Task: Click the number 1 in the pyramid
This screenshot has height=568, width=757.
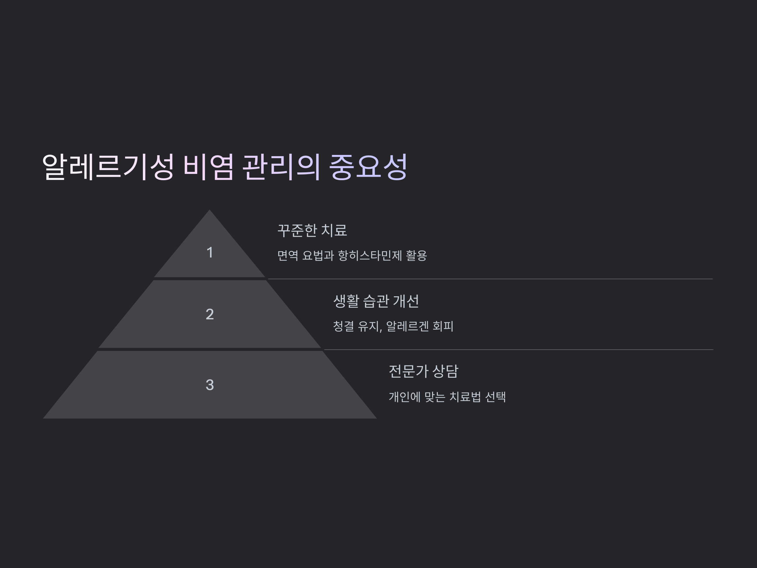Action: point(210,253)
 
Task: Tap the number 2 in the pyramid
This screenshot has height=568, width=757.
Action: point(210,314)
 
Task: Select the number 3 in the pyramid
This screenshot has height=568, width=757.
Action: point(210,385)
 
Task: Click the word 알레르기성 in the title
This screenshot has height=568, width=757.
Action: point(108,167)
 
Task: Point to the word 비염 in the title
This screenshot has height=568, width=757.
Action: point(209,167)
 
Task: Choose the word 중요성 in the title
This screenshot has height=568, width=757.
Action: point(368,167)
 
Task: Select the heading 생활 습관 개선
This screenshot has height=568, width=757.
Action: point(376,301)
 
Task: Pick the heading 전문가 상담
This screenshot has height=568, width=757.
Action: point(423,371)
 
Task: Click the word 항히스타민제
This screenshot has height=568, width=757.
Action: point(370,256)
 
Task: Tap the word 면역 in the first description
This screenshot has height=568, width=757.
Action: point(287,256)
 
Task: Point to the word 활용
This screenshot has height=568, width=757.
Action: point(416,256)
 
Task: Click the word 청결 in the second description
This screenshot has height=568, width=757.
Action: point(343,326)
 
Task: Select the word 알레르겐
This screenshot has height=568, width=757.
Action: point(408,326)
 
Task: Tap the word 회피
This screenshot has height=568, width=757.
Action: point(443,326)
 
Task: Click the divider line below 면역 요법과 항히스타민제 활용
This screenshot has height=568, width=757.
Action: point(490,279)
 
